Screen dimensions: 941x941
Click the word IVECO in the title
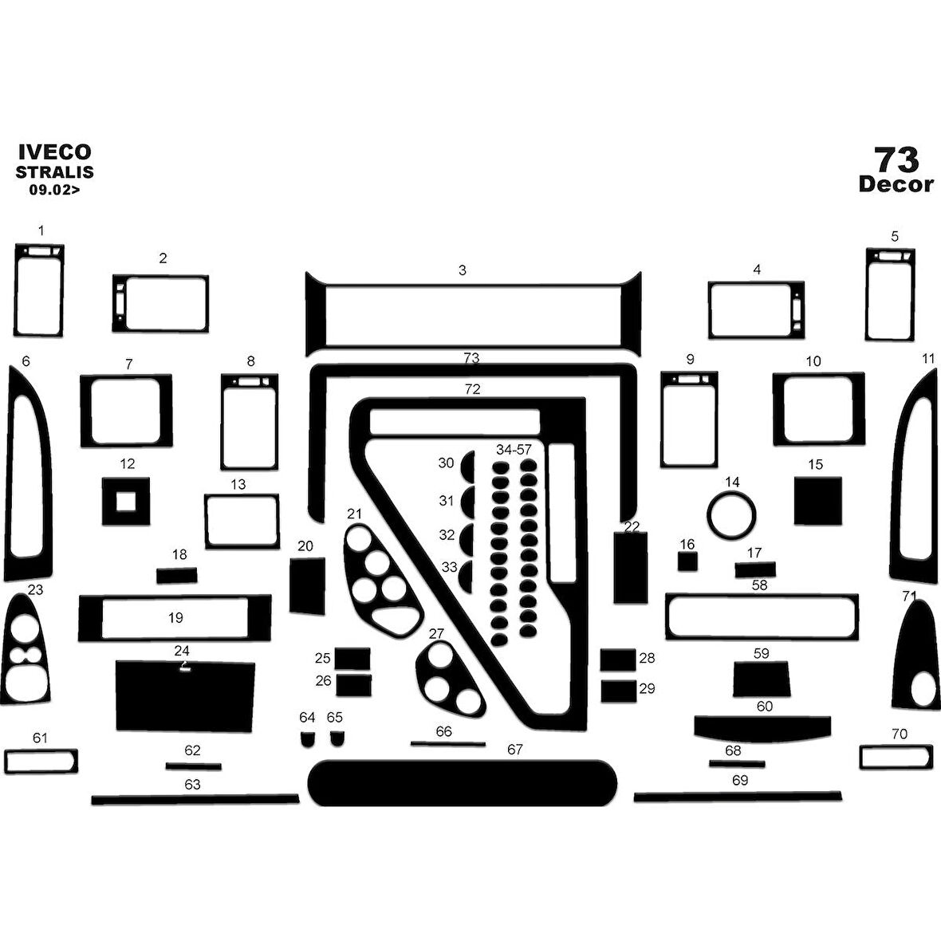54,152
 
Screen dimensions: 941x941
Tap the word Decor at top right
896,184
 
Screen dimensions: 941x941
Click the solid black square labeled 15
817,501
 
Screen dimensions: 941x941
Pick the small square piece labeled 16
687,561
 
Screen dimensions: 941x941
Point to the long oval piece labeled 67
463,782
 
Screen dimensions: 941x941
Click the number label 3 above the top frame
463,270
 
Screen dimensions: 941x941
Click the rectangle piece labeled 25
352,659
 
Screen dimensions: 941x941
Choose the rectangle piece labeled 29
618,691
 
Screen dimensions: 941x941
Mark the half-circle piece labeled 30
467,463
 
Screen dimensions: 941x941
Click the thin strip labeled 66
448,744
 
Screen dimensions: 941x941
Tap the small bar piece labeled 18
176,576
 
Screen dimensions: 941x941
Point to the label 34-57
514,450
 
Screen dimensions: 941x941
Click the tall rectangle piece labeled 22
631,567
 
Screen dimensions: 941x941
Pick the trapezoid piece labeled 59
761,679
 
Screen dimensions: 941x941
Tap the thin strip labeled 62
194,766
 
